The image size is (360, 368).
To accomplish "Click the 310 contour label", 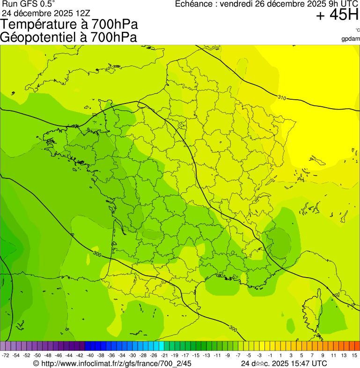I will pos(281,98).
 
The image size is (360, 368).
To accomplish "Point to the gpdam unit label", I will pos(351,39).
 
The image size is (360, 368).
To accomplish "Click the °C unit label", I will pos(357,30).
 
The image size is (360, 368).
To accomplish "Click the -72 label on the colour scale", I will pos(6,356).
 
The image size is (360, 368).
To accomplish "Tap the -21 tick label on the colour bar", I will pos(164,356).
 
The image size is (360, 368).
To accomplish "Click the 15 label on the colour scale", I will pos(355,356).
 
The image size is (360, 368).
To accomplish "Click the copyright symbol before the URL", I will pos(36,363).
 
